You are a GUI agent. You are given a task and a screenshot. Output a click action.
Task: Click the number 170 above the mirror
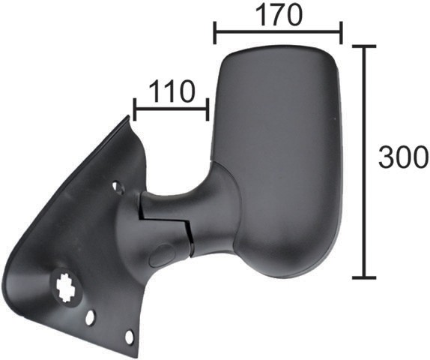[279, 16]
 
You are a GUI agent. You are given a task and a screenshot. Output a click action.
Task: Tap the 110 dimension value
[172, 91]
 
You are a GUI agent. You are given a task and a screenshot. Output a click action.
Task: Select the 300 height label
[403, 157]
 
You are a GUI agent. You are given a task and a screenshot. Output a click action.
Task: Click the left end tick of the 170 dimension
[215, 32]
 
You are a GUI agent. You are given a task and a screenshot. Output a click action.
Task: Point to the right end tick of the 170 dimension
[341, 32]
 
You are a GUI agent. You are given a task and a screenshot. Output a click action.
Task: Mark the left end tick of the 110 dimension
[134, 109]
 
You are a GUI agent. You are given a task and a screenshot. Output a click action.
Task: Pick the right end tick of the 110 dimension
[208, 109]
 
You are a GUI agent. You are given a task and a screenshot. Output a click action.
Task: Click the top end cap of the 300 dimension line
[364, 46]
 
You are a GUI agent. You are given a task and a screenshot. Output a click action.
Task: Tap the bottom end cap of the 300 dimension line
[364, 277]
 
